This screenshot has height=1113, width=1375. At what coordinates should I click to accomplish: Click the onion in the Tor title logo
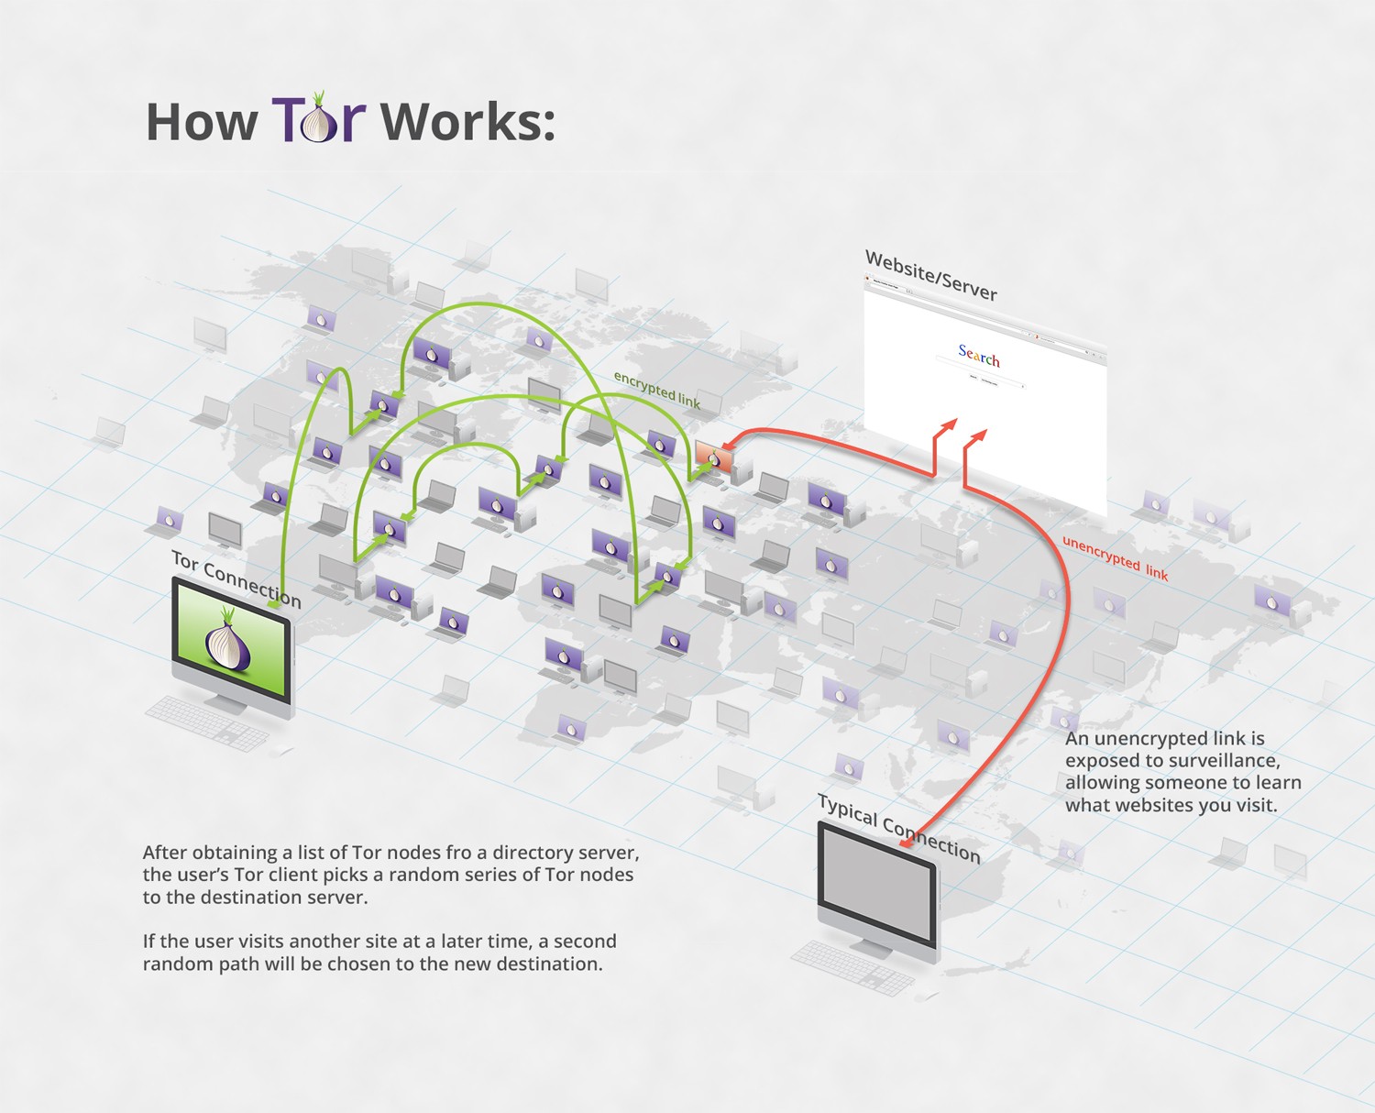point(320,122)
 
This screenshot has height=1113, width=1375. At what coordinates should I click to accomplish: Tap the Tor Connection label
point(236,579)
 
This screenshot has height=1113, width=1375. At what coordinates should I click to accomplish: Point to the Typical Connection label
point(898,830)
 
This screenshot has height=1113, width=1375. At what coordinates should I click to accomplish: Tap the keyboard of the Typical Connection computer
point(852,968)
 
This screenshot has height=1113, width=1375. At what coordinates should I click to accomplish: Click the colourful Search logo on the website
point(979,356)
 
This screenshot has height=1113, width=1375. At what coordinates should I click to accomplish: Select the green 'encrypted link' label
point(656,390)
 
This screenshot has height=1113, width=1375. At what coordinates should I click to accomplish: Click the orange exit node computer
point(714,457)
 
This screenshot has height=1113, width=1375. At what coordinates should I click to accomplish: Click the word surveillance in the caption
point(1226,761)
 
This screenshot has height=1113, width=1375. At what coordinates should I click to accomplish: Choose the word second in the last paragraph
point(586,942)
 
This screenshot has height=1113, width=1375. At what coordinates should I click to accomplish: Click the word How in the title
point(202,122)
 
